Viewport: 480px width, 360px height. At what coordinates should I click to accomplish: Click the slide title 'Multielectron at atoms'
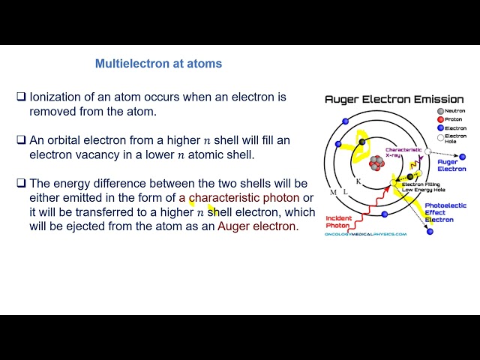pos(158,64)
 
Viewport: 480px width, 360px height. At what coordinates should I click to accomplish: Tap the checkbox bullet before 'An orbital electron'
pos(22,140)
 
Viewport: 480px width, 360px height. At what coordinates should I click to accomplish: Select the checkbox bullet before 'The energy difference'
pos(22,183)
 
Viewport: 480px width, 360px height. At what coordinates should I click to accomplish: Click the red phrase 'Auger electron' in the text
pos(257,226)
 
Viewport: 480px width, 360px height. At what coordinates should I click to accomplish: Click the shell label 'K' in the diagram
pos(358,181)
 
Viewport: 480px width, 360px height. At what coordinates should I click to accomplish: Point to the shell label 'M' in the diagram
pos(333,193)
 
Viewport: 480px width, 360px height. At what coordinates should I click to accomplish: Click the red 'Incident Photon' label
pos(338,222)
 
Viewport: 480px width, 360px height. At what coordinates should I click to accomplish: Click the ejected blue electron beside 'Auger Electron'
pos(462,157)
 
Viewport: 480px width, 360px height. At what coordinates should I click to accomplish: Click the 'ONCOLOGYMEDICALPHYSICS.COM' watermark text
pos(365,234)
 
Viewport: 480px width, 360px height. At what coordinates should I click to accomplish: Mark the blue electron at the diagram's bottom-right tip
pos(430,232)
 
